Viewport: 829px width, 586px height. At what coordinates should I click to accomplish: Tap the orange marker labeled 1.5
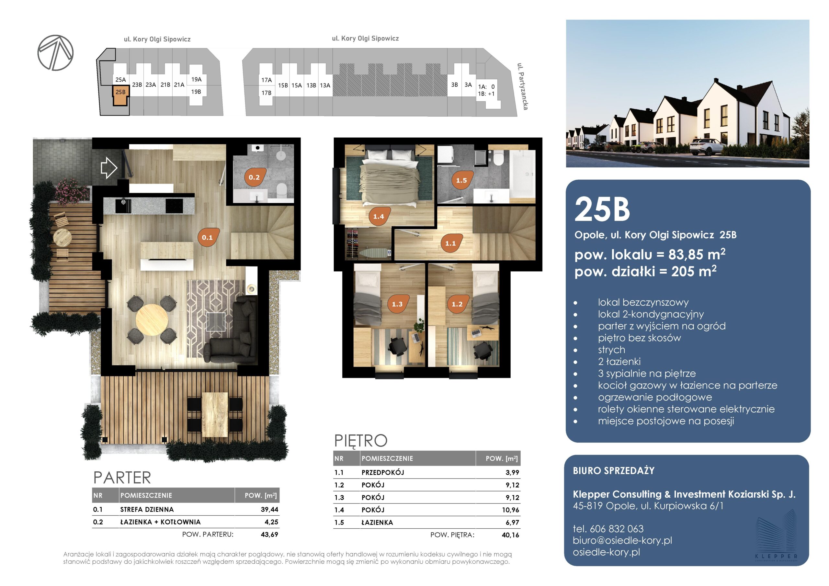461,180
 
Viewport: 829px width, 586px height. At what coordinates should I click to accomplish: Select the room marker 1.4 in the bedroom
379,216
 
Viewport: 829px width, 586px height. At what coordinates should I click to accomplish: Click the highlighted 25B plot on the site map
120,95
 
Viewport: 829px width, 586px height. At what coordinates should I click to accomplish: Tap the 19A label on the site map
197,79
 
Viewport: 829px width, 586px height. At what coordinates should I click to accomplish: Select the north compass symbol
56,53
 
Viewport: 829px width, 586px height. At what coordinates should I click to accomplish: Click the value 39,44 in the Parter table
269,510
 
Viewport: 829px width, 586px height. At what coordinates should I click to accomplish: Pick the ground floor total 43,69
269,535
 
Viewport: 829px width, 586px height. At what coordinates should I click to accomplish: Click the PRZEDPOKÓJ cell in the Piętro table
383,472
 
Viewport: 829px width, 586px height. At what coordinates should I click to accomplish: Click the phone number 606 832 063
617,529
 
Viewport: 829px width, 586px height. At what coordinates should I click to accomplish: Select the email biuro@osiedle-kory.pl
622,540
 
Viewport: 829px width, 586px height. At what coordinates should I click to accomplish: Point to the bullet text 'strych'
611,350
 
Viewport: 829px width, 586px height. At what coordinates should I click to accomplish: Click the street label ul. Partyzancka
522,86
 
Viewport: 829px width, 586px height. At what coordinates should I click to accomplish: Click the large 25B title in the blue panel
602,209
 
